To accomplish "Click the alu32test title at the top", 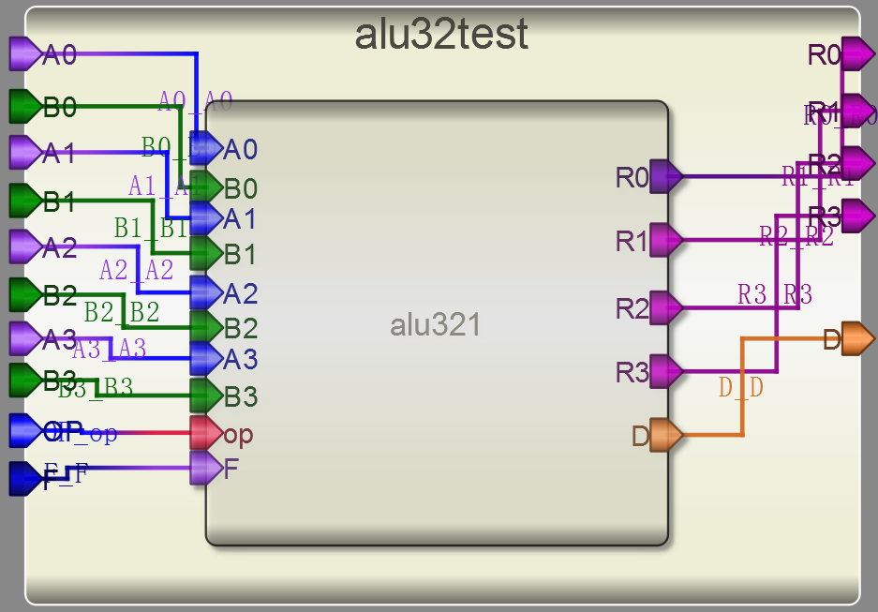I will [440, 36].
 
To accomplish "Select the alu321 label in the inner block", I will [435, 325].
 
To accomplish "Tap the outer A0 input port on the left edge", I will [23, 54].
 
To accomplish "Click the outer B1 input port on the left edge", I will [23, 200].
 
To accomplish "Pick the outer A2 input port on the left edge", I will [23, 246].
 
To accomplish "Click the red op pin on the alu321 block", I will [205, 433].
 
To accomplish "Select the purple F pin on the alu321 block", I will [205, 468].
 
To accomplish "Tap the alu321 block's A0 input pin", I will [205, 148].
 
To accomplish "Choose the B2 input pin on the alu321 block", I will [205, 327].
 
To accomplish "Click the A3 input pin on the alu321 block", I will [205, 357].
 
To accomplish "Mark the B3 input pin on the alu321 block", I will [205, 396].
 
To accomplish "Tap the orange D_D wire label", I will [741, 387].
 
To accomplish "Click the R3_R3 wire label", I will [775, 295].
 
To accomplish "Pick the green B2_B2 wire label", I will [122, 311].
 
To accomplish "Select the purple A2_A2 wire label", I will [137, 271].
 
